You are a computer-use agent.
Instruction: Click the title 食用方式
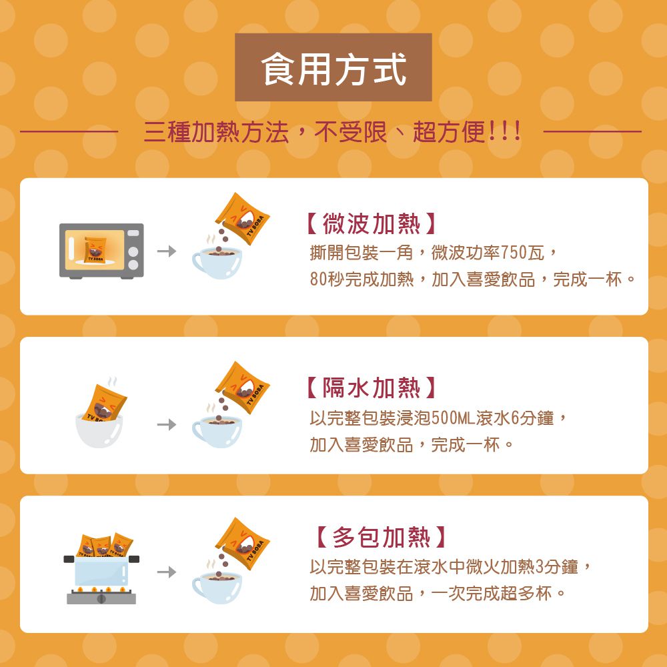point(333,69)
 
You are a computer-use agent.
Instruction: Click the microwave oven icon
point(101,250)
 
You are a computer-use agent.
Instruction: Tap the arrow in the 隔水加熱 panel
point(167,424)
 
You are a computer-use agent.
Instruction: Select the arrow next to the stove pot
point(167,572)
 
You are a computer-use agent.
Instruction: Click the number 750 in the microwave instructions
point(514,253)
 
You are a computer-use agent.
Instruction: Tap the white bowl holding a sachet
point(99,430)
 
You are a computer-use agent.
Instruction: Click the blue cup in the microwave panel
point(217,262)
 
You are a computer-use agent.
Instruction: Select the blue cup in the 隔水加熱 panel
point(217,430)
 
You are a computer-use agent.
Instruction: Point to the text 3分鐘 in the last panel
point(558,568)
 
